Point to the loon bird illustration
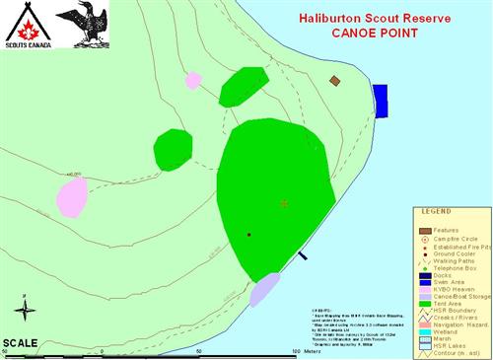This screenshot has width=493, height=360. coord(81,25)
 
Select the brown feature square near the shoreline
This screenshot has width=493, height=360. coord(335,81)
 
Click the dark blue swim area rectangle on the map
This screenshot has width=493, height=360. coord(380,100)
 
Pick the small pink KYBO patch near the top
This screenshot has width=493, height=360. coord(194,80)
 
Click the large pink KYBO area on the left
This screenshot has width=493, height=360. coord(71,196)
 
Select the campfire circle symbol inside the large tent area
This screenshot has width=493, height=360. coord(284,203)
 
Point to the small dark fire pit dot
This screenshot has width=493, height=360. coord(248,235)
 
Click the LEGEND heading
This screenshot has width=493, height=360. coord(436,212)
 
